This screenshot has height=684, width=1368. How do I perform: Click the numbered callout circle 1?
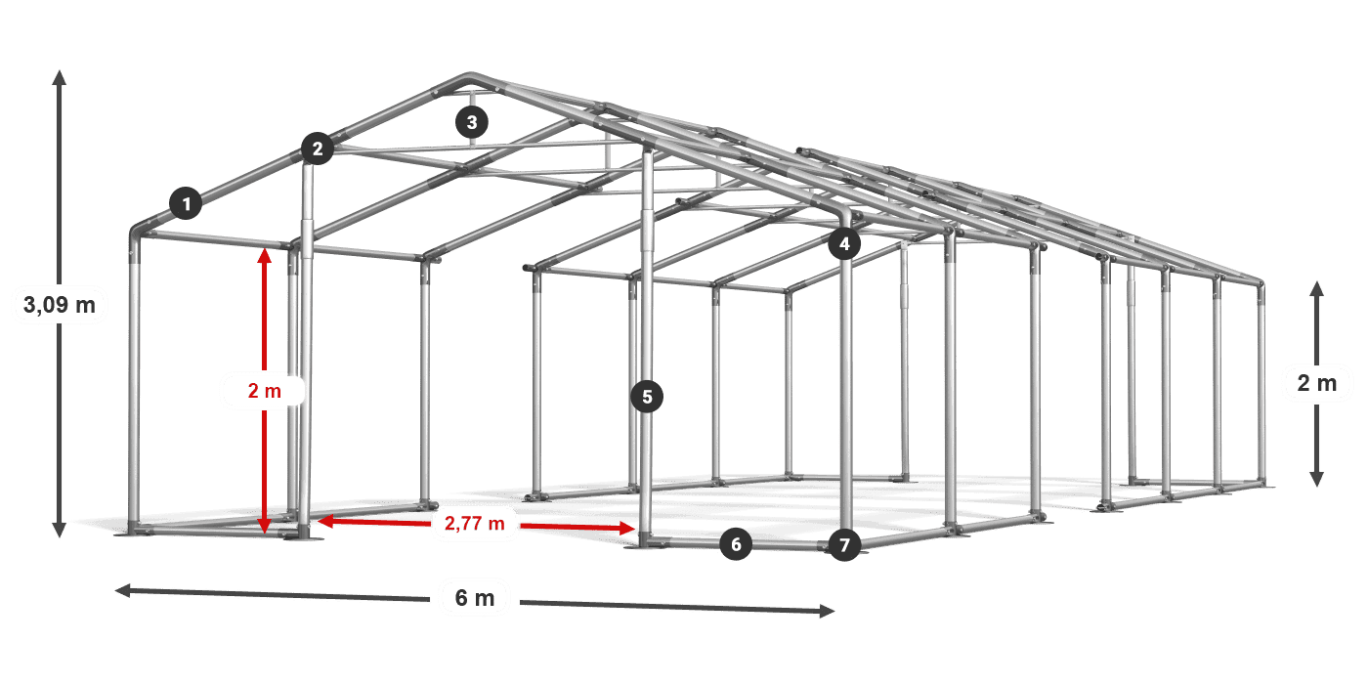pyautogui.click(x=187, y=203)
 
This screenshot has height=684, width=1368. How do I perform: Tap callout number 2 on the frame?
pyautogui.click(x=318, y=149)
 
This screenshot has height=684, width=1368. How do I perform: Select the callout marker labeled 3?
pyautogui.click(x=471, y=122)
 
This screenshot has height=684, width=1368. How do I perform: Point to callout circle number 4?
pyautogui.click(x=844, y=243)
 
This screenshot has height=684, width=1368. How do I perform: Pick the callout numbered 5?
pyautogui.click(x=647, y=397)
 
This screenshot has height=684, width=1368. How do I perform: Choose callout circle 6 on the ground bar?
pyautogui.click(x=736, y=544)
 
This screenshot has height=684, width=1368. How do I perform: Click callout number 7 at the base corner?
pyautogui.click(x=844, y=545)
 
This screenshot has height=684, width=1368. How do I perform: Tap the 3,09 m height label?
pyautogui.click(x=60, y=304)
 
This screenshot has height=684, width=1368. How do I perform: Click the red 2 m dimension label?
pyautogui.click(x=265, y=390)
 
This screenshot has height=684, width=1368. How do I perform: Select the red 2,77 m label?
pyautogui.click(x=475, y=524)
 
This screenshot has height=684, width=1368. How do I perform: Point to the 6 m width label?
pyautogui.click(x=475, y=598)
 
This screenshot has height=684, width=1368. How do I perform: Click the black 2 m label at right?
pyautogui.click(x=1317, y=383)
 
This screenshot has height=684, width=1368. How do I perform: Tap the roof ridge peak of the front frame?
pyautogui.click(x=469, y=76)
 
